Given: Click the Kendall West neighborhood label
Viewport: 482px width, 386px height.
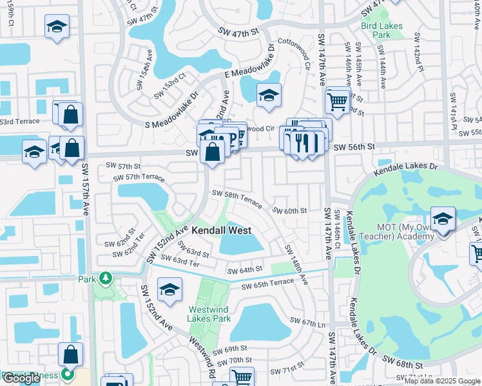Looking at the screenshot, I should pos(223,230).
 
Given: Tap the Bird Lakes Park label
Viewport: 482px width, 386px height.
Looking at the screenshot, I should pos(381,30).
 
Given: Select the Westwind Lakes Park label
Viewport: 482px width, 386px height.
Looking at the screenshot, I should pos(209,313).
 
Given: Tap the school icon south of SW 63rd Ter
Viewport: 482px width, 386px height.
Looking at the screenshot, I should pos(169,290).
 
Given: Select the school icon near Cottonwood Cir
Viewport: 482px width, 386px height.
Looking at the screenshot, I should pos(268,96).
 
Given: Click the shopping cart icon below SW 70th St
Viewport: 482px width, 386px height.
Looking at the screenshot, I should pos(242,378).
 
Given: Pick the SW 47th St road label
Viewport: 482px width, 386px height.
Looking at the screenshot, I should pos(238,31).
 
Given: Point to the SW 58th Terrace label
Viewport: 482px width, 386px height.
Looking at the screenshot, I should pos(237,199).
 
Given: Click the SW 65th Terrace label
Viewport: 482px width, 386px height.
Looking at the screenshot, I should pos(267,284).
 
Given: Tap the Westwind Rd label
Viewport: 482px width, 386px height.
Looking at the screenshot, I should pos(201,356).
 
